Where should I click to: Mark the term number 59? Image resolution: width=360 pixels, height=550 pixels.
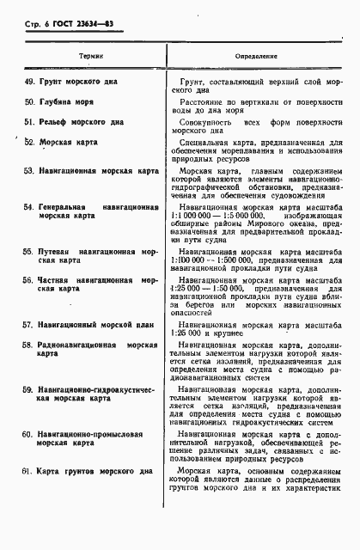pyautogui.click(x=29, y=389)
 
